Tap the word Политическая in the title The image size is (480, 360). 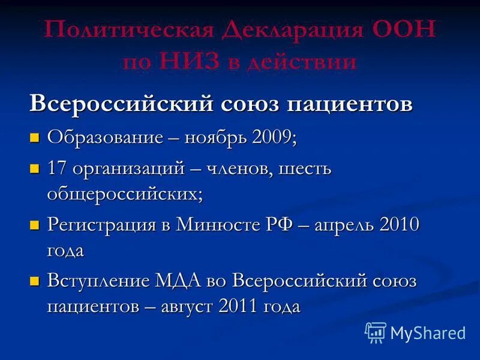coord(125,31)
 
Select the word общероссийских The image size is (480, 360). coord(125,193)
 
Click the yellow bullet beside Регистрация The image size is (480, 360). coord(35,226)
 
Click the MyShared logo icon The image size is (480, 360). coord(376,332)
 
